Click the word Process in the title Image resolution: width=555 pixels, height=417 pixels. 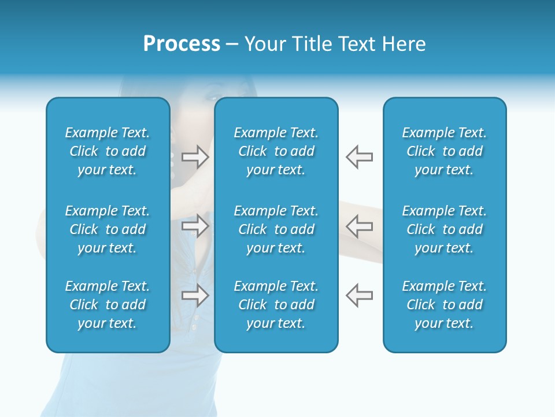[x=182, y=44]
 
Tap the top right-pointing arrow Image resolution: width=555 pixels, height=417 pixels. [x=195, y=157]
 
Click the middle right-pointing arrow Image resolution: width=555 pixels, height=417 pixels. [x=195, y=226]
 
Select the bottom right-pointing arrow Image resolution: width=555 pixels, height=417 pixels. [x=195, y=295]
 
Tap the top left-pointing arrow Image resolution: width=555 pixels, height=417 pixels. [x=359, y=157]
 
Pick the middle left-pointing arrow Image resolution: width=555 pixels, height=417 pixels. [x=359, y=226]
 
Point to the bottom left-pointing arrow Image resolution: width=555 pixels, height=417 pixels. [x=359, y=295]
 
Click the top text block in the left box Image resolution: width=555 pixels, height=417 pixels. [x=108, y=151]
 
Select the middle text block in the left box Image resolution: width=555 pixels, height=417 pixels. [x=108, y=229]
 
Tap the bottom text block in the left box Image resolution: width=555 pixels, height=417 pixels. [x=108, y=305]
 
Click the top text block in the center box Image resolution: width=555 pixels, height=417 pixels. [x=276, y=151]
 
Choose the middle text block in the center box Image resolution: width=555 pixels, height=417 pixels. [x=276, y=229]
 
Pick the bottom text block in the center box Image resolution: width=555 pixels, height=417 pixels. [x=276, y=305]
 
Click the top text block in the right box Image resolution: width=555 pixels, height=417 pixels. [x=444, y=151]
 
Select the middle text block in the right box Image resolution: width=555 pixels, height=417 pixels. [x=444, y=229]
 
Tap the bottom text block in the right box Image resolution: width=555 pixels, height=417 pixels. [x=444, y=305]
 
